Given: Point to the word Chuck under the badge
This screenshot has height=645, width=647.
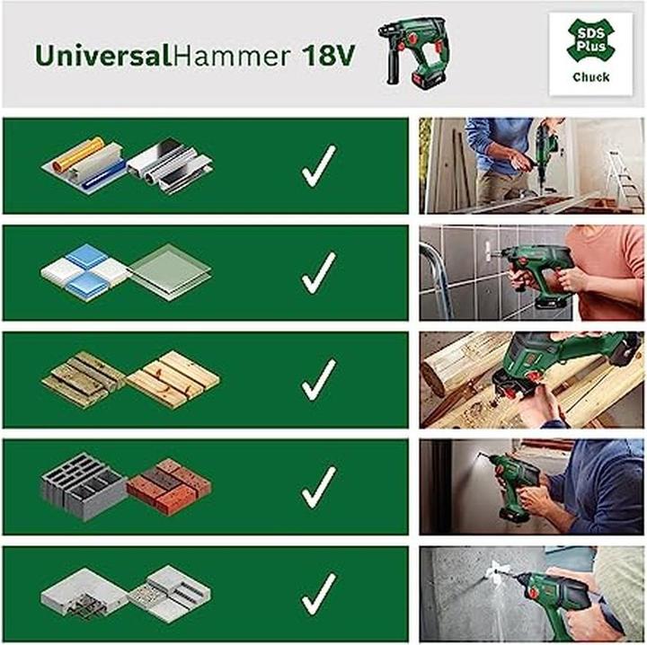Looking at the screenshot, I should click(x=590, y=78).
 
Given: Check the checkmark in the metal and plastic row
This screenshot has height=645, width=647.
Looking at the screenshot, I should click(x=318, y=166).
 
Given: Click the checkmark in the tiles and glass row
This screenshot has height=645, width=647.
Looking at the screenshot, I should click(x=318, y=273).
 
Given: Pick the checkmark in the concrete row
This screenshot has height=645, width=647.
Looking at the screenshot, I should click(x=318, y=594).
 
